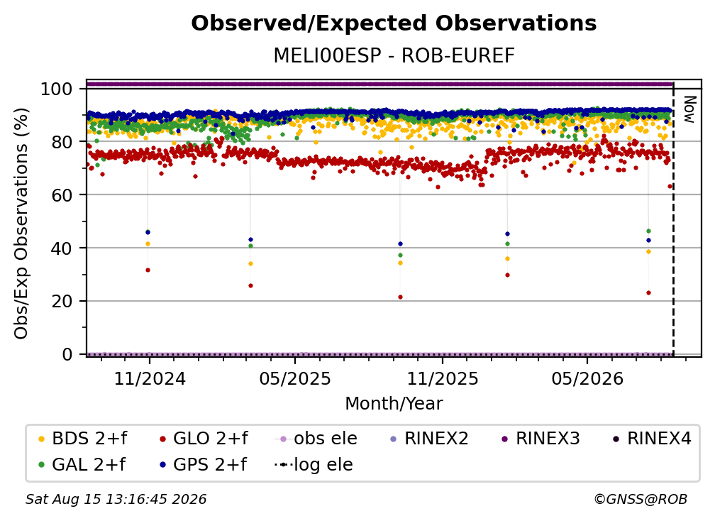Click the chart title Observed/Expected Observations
tap(394, 23)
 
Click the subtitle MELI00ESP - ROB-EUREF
tap(394, 55)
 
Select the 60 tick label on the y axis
tap(62, 195)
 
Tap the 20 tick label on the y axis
tap(62, 302)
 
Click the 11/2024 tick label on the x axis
tap(150, 378)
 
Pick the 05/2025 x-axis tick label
tap(295, 378)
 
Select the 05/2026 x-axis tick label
tap(587, 378)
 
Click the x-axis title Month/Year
tap(394, 403)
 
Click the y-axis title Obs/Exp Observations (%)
tap(21, 224)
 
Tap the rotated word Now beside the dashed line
tap(689, 109)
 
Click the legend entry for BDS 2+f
tap(83, 439)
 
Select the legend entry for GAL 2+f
tap(82, 464)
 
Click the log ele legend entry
tap(314, 464)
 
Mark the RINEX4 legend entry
tap(652, 439)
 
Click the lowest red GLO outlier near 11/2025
tap(400, 297)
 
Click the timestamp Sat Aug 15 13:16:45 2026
tap(116, 499)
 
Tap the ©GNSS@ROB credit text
tap(641, 499)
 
